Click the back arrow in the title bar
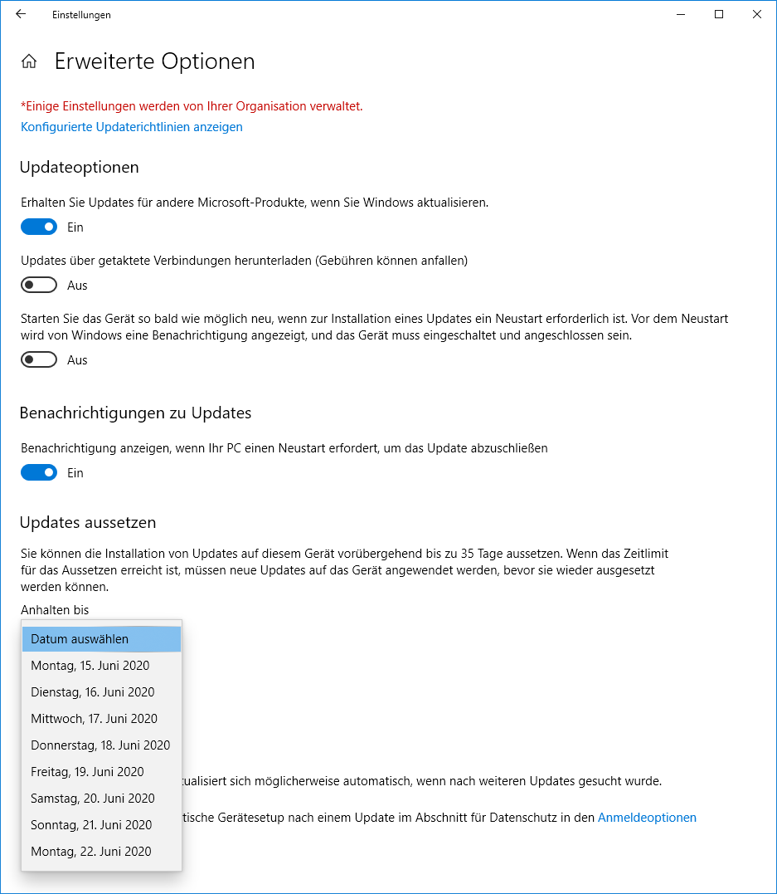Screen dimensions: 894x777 (21, 14)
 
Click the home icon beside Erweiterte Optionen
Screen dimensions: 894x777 (29, 61)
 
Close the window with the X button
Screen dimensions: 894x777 (756, 14)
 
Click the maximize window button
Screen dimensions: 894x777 (719, 14)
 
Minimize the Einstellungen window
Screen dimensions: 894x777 (681, 14)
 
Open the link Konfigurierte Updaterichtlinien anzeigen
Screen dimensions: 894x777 (131, 127)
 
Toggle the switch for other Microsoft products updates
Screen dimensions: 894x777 (39, 227)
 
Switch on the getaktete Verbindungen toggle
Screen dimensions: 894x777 (39, 285)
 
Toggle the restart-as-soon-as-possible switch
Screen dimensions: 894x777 (39, 359)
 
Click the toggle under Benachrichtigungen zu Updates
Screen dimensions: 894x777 (39, 472)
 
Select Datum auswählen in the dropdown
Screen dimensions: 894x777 (101, 639)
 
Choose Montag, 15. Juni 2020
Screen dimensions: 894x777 (90, 666)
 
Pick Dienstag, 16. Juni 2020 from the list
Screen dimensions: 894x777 (93, 692)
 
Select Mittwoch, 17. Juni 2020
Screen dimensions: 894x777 (94, 719)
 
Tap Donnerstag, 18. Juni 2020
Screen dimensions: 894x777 (100, 745)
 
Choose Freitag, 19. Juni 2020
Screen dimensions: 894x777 (87, 772)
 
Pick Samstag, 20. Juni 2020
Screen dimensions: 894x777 (93, 799)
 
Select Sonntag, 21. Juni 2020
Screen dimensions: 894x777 (91, 825)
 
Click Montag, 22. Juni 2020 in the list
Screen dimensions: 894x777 (91, 852)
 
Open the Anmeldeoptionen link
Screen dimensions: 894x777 (647, 818)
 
